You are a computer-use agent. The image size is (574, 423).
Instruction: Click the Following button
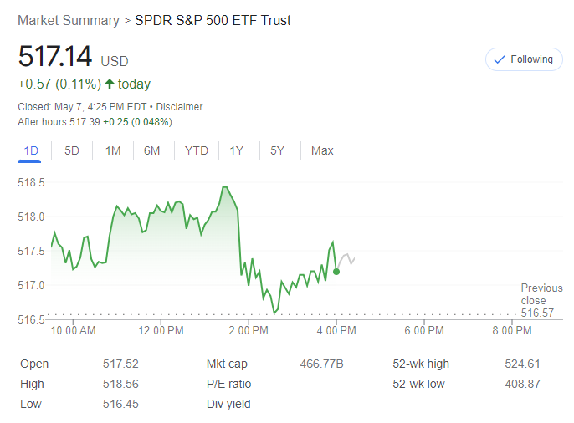pyautogui.click(x=525, y=59)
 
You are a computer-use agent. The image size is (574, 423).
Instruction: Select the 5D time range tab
pyautogui.click(x=72, y=150)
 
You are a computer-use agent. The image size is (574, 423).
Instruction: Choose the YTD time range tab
pyautogui.click(x=197, y=150)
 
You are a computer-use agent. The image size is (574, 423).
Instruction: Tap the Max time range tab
pyautogui.click(x=322, y=150)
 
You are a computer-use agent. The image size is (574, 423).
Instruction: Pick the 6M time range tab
pyautogui.click(x=152, y=150)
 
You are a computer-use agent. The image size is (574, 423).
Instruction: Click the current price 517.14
pyautogui.click(x=55, y=58)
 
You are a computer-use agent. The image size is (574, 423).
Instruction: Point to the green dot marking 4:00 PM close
pyautogui.click(x=336, y=271)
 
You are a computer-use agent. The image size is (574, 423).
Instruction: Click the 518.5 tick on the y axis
pyautogui.click(x=32, y=182)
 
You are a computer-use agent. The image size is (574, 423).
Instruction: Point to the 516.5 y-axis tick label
pyautogui.click(x=32, y=319)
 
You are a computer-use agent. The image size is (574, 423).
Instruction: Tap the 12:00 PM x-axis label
pyautogui.click(x=161, y=330)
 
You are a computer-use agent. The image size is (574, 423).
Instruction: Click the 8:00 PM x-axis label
pyautogui.click(x=512, y=330)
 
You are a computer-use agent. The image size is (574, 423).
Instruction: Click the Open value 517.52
pyautogui.click(x=120, y=364)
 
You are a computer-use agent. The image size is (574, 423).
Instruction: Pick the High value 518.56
pyautogui.click(x=120, y=384)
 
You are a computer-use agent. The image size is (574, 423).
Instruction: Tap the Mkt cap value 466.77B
pyautogui.click(x=322, y=364)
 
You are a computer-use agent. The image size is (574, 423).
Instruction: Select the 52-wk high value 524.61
pyautogui.click(x=523, y=364)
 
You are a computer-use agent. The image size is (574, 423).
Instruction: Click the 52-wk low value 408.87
pyautogui.click(x=523, y=384)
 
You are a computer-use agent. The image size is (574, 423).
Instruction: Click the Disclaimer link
pyautogui.click(x=179, y=107)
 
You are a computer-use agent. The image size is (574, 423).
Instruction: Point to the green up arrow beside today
pyautogui.click(x=110, y=84)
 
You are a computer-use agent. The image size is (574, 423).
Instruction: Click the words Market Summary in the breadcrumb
pyautogui.click(x=67, y=20)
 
